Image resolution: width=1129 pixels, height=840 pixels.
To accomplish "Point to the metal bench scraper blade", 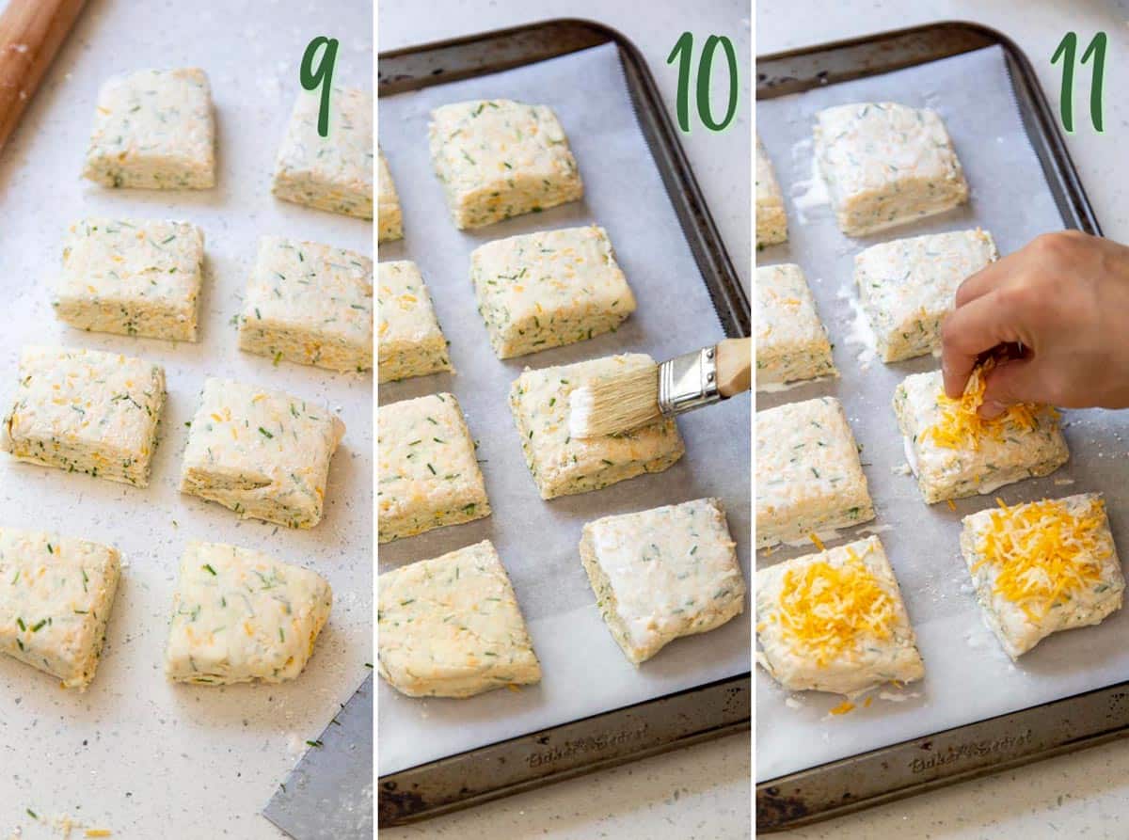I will point(325,771).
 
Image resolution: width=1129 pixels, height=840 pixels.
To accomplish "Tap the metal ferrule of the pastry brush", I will point(689,381).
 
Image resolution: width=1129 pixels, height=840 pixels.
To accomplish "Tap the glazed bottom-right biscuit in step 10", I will point(664,576).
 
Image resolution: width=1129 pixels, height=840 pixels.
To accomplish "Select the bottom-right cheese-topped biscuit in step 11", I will point(1042,569).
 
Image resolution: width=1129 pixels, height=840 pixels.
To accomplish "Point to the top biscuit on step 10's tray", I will point(504,162).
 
